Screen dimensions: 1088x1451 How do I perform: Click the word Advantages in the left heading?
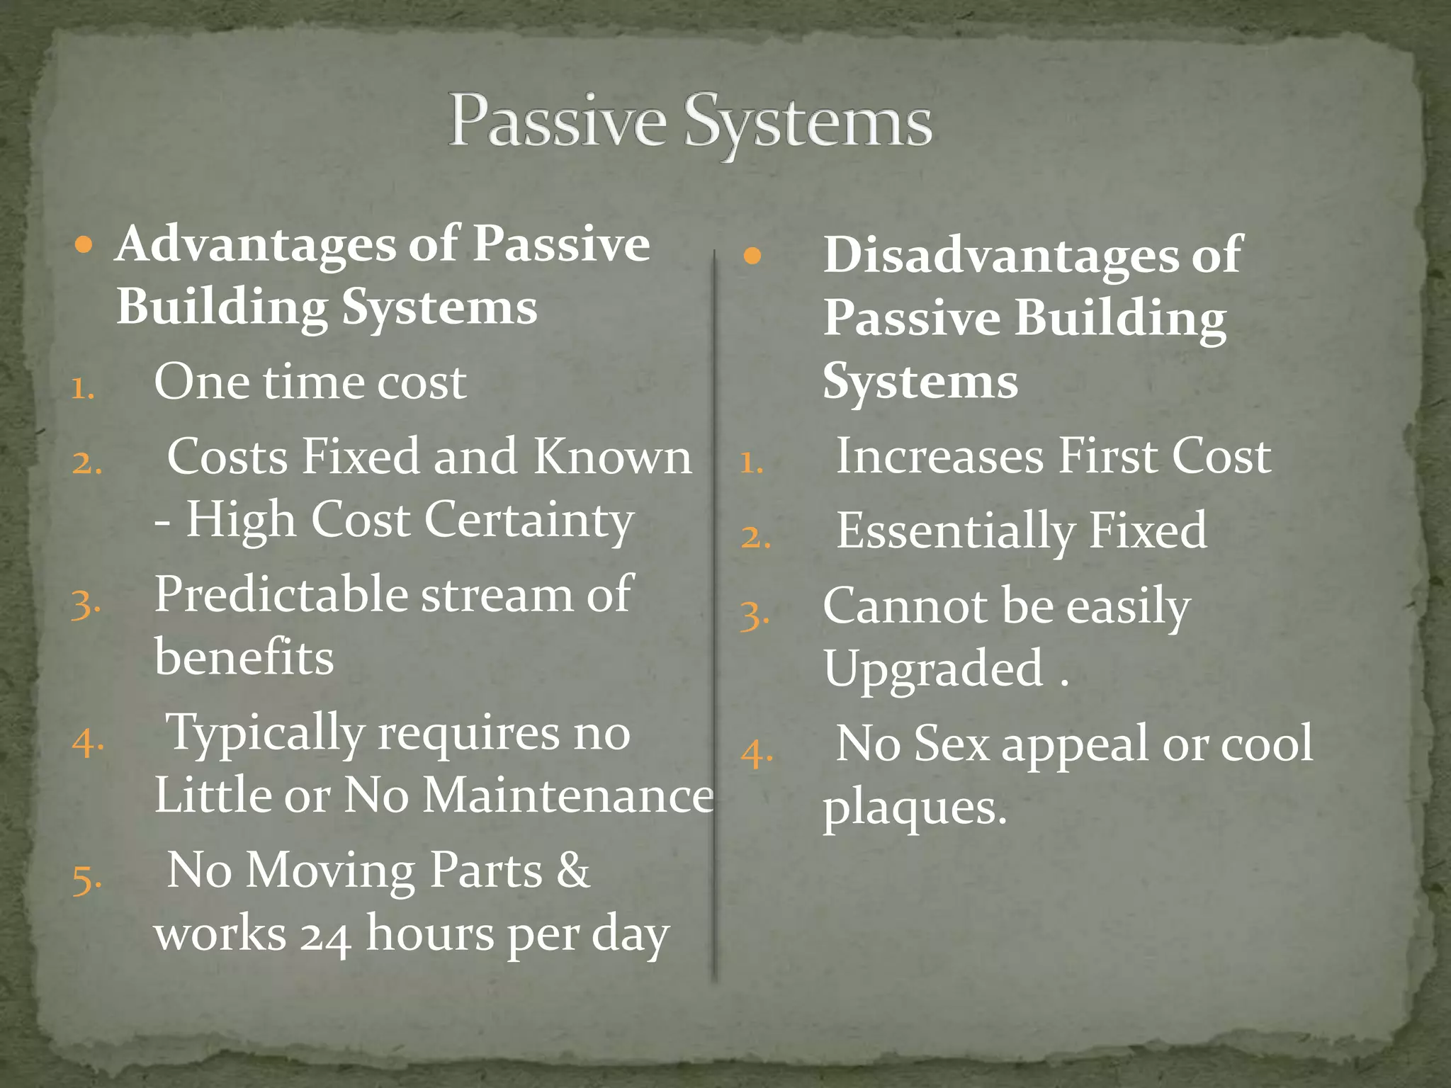pos(256,244)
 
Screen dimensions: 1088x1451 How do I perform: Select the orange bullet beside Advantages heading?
pos(84,246)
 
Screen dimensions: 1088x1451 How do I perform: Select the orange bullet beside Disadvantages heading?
pos(752,256)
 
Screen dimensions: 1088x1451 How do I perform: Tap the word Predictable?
pos(281,594)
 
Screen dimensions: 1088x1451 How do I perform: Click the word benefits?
pos(244,657)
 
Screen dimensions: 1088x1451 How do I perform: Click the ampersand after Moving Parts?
pos(572,870)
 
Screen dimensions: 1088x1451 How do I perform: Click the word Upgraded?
pos(933,669)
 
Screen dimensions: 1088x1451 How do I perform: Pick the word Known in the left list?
pos(612,457)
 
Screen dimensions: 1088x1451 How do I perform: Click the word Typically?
pos(264,733)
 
